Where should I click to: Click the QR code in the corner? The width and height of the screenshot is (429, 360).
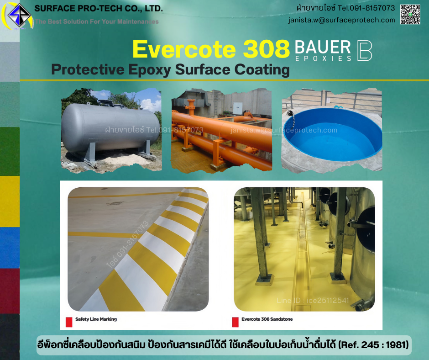pos(410,14)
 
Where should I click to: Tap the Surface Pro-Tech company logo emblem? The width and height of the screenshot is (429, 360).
pos(19,16)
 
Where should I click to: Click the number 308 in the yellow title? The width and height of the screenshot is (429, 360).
pos(267,49)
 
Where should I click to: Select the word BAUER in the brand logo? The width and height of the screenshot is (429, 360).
pos(323,47)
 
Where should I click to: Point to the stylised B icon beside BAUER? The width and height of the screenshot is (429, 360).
pos(364,50)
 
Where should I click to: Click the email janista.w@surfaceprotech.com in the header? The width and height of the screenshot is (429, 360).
pos(341,20)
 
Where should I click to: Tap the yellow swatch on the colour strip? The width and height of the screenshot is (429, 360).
pos(10,201)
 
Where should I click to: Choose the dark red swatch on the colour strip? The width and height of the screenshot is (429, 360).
pos(10,291)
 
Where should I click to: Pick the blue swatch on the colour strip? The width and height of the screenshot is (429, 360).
pos(10,247)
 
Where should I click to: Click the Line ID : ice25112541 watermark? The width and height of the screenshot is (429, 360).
pos(313,301)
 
